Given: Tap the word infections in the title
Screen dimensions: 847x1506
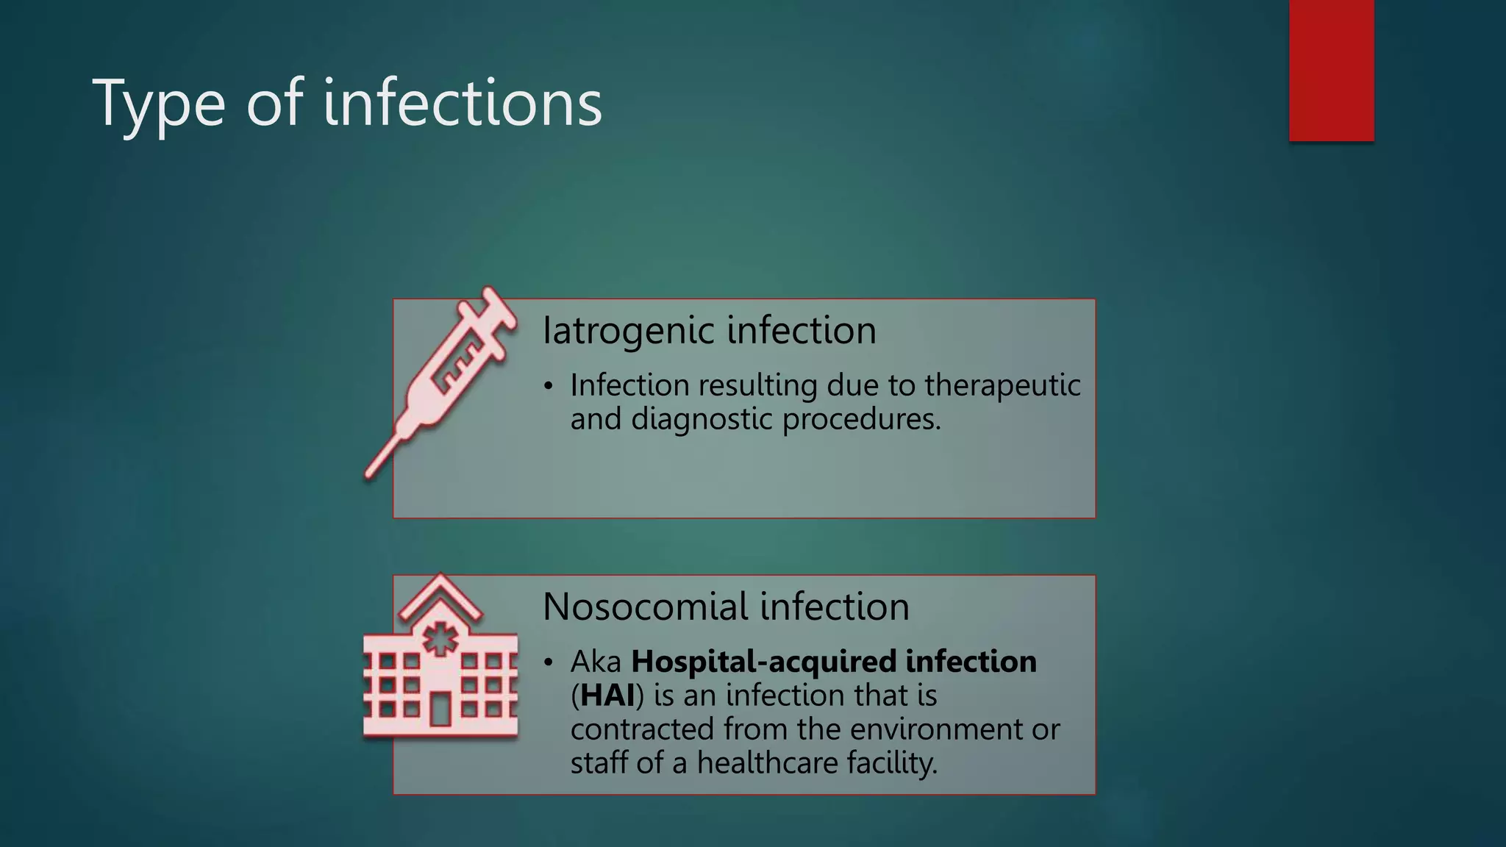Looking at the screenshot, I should pyautogui.click(x=463, y=103).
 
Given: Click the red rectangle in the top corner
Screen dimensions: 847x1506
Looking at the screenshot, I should pyautogui.click(x=1331, y=70).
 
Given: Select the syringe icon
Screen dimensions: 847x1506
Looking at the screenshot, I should pyautogui.click(x=441, y=382).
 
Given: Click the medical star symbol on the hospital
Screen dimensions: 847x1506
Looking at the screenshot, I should pyautogui.click(x=440, y=639).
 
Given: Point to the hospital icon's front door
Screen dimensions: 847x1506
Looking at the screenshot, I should pyautogui.click(x=440, y=709).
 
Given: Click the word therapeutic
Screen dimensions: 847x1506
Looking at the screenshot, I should pyautogui.click(x=1002, y=385).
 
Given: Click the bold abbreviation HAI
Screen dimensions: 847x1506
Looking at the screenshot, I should pyautogui.click(x=607, y=696).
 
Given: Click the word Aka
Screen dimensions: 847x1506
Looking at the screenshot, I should pyautogui.click(x=596, y=662).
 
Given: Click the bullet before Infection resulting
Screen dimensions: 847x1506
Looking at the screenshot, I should pyautogui.click(x=548, y=386).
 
